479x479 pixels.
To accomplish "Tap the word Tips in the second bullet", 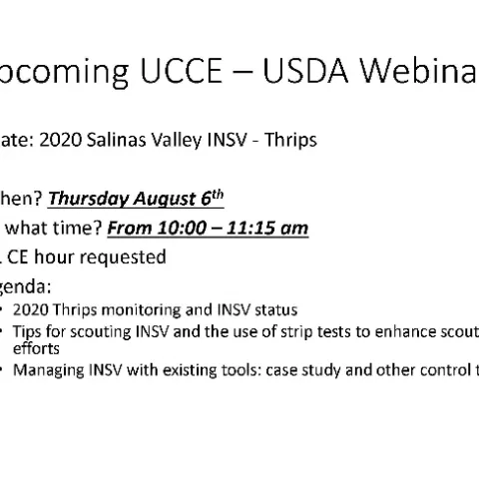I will pos(28,331).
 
